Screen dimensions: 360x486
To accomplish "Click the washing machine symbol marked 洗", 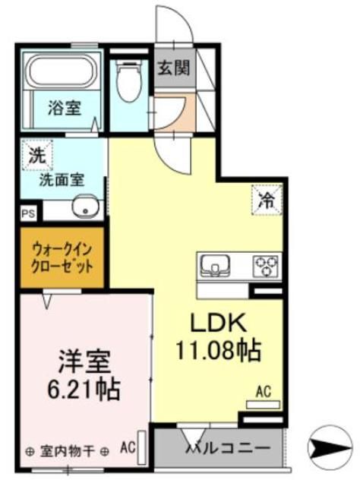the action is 37,155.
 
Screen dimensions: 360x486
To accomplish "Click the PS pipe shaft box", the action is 28,213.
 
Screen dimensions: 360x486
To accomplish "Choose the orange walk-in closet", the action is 62,257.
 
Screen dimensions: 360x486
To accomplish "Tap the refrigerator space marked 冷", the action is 267,200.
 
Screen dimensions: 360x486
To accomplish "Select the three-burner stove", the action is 267,267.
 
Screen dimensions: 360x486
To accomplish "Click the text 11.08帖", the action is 218,351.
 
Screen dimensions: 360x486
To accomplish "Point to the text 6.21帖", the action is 84,388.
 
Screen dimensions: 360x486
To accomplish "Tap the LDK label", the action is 218,323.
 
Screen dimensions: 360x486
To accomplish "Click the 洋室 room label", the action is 84,361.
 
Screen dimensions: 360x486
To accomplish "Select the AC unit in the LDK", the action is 263,405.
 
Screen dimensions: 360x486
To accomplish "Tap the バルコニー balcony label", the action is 228,448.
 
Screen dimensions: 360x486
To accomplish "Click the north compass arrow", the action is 331,446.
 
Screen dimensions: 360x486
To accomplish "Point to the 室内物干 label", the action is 67,451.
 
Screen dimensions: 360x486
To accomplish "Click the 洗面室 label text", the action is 62,180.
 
